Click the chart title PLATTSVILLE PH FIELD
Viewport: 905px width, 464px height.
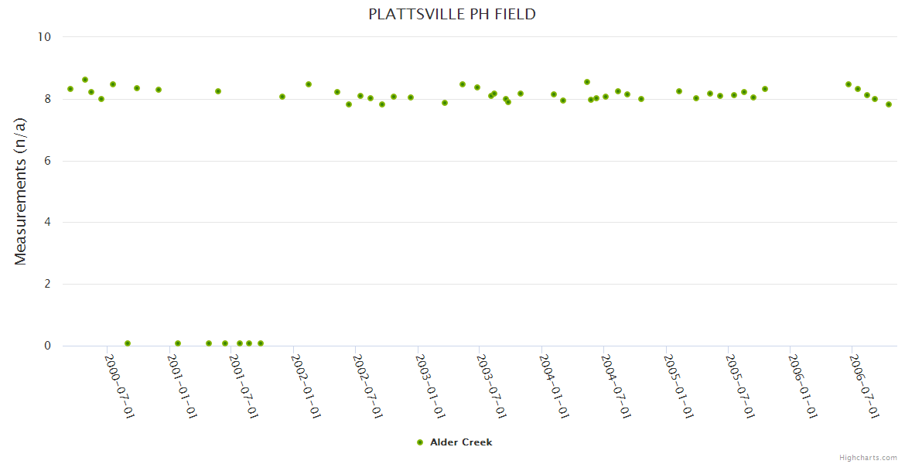tap(452, 15)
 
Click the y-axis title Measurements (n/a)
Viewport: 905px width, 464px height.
tap(21, 191)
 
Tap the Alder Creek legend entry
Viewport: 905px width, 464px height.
tap(460, 442)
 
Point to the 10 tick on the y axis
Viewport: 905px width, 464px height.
tap(43, 37)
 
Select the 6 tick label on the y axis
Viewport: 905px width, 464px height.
tap(46, 161)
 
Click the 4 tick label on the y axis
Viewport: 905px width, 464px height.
tap(46, 223)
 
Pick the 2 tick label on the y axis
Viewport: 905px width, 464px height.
tap(46, 285)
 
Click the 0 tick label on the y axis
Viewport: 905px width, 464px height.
tap(46, 346)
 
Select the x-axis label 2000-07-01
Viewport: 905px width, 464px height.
tap(120, 386)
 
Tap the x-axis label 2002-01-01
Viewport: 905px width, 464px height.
tap(306, 386)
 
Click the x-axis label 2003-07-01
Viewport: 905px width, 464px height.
tap(491, 386)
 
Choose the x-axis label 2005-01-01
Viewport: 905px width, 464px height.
tap(678, 386)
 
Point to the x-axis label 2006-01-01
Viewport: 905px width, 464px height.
tap(801, 386)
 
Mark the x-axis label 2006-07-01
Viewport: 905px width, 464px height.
tap(863, 386)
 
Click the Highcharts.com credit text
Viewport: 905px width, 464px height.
tap(868, 458)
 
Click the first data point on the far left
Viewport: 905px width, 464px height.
tap(70, 89)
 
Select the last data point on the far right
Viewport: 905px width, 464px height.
tap(889, 104)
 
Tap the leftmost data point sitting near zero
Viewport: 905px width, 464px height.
tap(128, 343)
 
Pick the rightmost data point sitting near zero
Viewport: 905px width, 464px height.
tap(261, 343)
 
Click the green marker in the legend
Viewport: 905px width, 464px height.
tap(420, 442)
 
